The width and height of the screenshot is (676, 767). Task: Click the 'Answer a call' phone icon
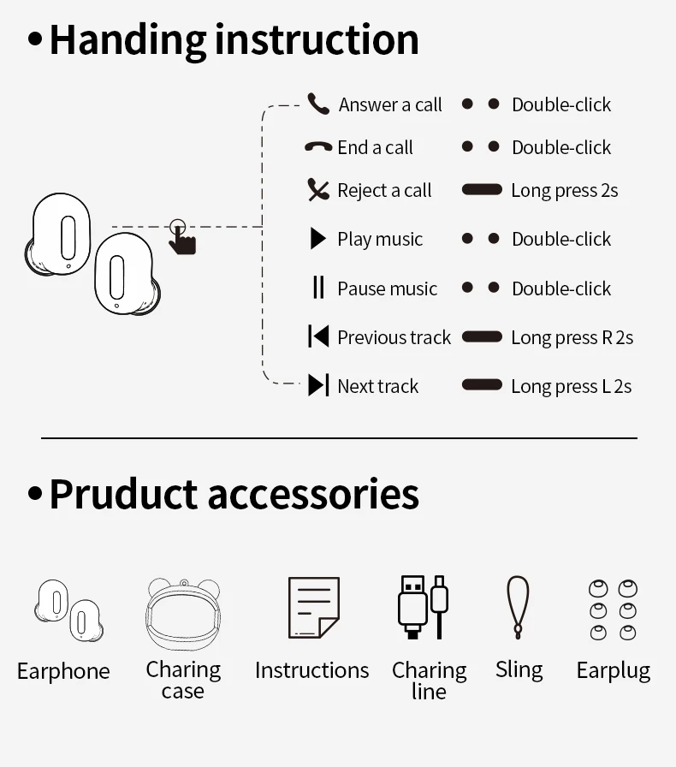(318, 104)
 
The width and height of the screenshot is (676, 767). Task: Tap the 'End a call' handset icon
(318, 147)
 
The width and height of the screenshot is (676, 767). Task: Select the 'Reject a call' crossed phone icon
(318, 190)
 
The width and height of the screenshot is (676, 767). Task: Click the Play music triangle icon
(318, 239)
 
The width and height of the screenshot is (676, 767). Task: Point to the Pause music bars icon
(318, 288)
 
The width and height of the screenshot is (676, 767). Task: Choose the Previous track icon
(318, 337)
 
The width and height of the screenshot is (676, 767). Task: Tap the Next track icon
(318, 386)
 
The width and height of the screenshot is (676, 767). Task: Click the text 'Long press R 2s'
(572, 338)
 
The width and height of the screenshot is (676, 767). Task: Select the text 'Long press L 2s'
(571, 387)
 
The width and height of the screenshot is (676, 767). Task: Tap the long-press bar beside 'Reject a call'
(482, 189)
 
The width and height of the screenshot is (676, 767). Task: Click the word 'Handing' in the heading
(128, 40)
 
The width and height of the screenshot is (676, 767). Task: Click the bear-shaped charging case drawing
(183, 614)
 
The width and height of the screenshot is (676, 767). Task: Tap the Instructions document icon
(313, 608)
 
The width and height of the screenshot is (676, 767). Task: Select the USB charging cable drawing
(423, 607)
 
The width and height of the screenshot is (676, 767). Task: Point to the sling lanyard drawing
(518, 607)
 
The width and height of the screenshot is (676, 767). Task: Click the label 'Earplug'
(614, 670)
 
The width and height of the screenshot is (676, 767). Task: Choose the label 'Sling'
(519, 669)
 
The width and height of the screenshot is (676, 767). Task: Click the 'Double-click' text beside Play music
(561, 240)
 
